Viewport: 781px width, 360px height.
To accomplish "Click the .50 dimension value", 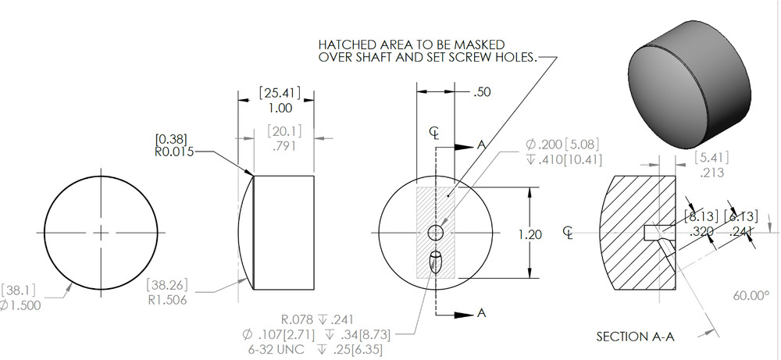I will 483,92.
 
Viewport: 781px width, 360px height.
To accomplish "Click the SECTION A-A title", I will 634,337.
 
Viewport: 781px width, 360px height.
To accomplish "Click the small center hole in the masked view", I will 436,233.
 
